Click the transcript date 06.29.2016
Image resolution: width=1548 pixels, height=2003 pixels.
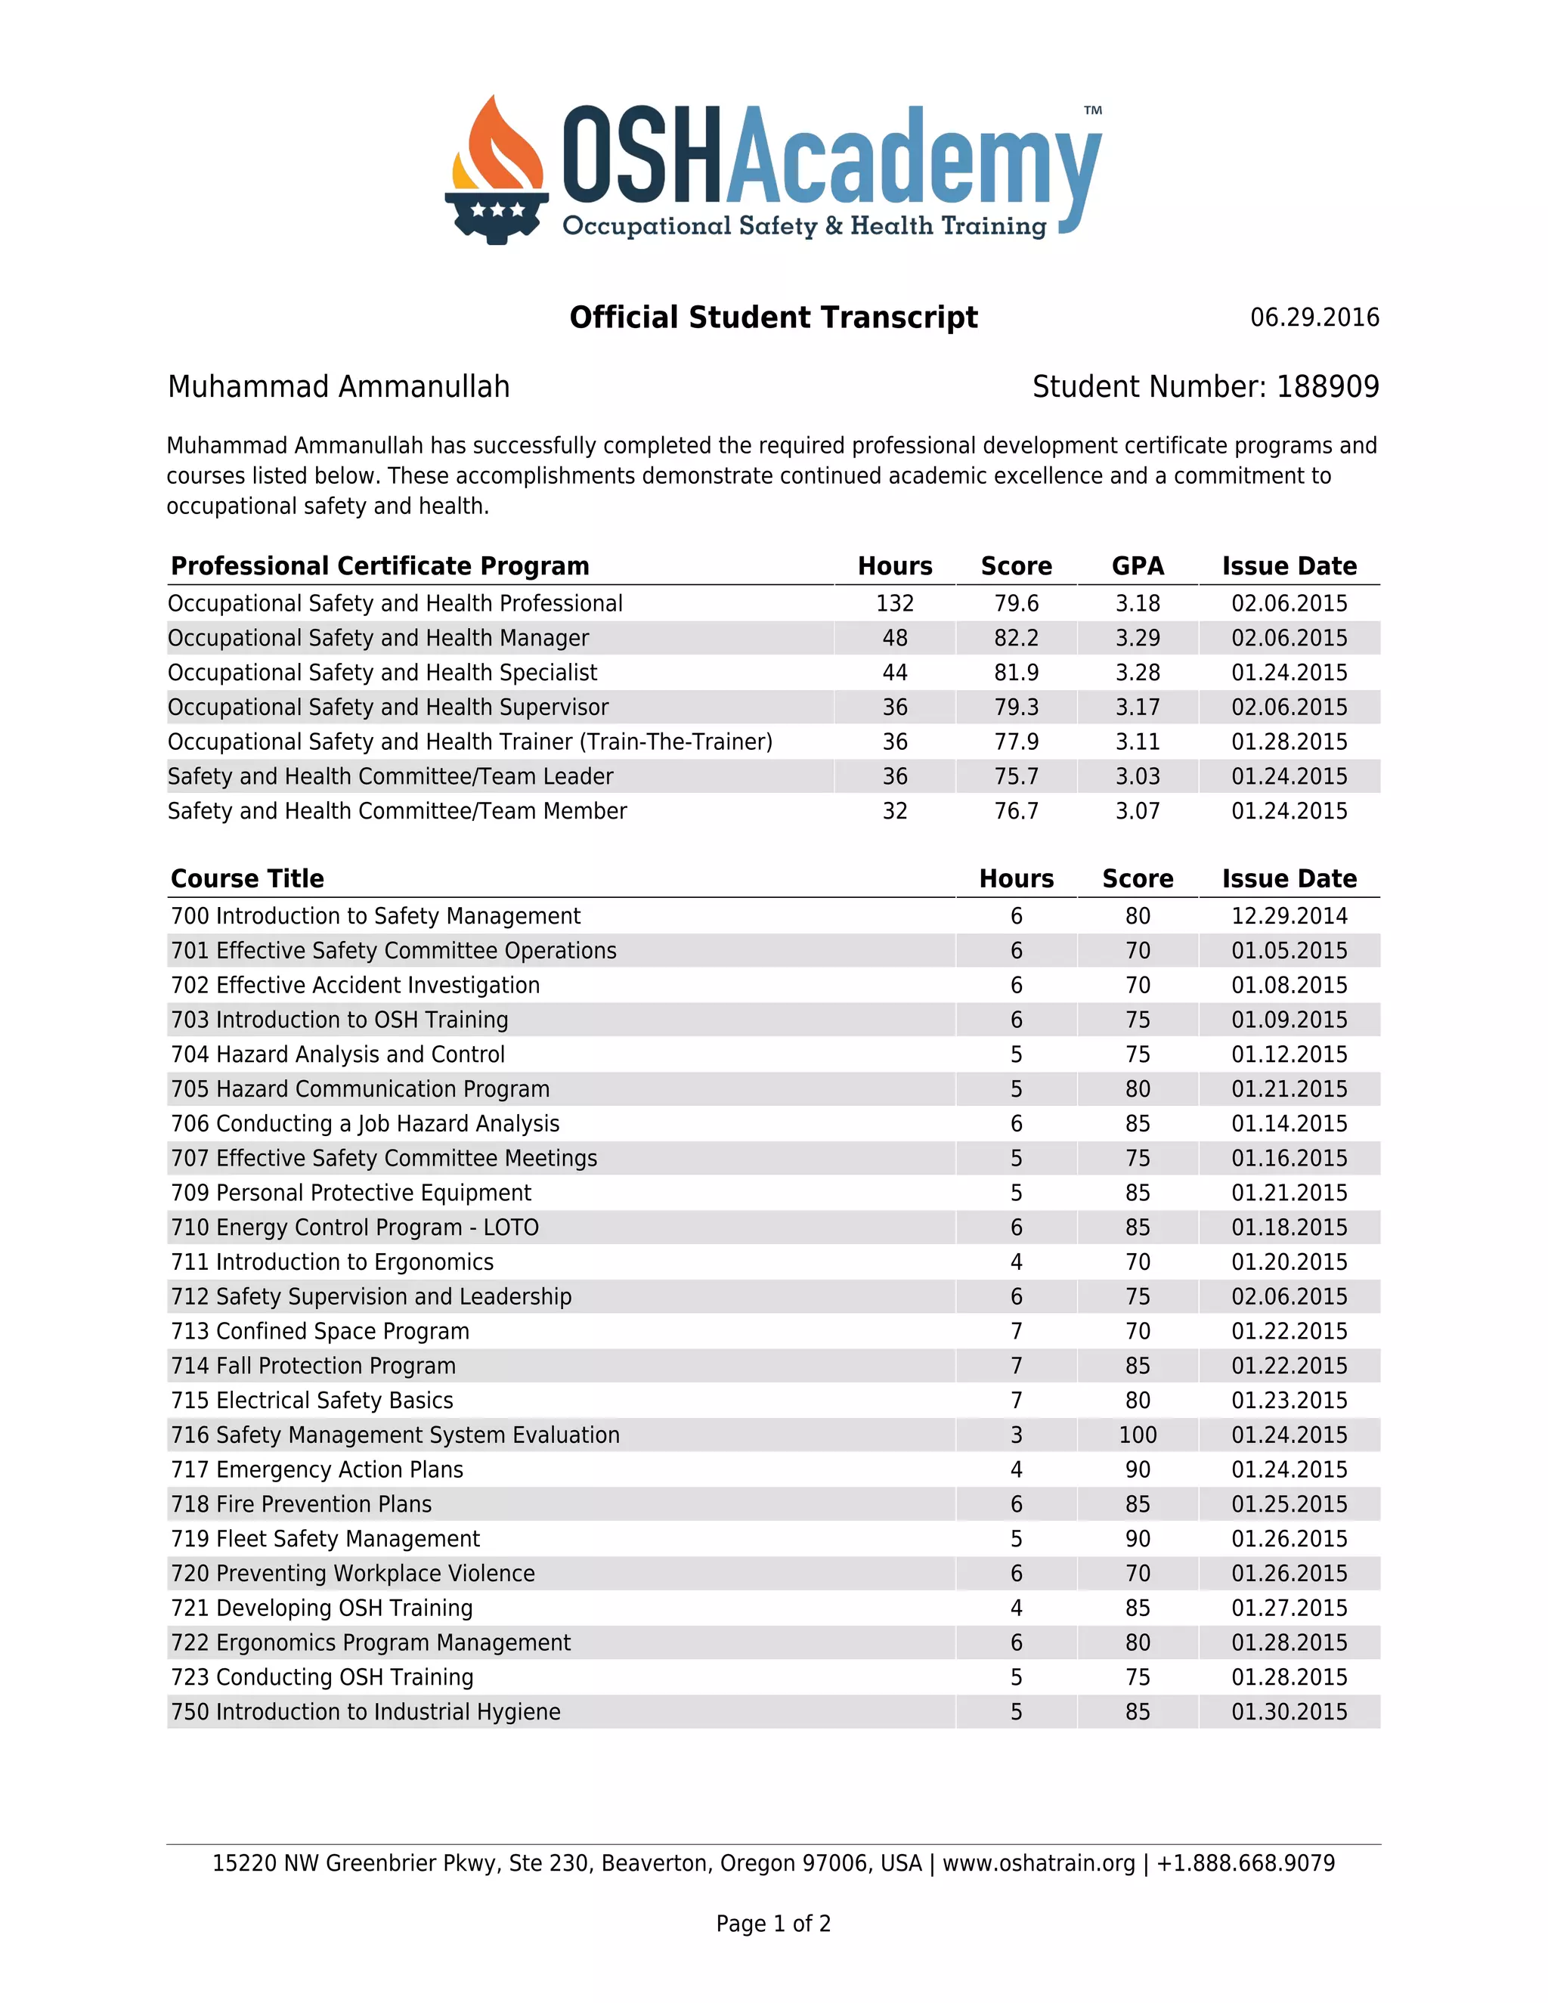1314,317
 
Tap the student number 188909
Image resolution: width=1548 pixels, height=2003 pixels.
1327,387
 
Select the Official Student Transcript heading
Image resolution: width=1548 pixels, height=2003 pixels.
773,317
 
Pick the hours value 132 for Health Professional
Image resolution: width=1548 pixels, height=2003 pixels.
894,603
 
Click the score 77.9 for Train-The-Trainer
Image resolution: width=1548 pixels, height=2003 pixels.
1016,742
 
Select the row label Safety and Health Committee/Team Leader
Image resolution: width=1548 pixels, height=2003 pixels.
390,777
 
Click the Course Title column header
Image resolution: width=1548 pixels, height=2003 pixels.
248,878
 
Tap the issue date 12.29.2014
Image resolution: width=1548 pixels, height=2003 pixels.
1289,916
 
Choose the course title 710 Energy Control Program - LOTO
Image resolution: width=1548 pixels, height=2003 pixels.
355,1228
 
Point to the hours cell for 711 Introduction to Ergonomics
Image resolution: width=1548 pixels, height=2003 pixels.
1016,1263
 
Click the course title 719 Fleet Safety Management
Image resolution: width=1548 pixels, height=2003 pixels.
326,1539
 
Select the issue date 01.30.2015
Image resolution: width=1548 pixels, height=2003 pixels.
1289,1712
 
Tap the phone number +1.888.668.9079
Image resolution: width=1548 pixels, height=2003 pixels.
1246,1864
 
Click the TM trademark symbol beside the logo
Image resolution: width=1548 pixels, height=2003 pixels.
1092,111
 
